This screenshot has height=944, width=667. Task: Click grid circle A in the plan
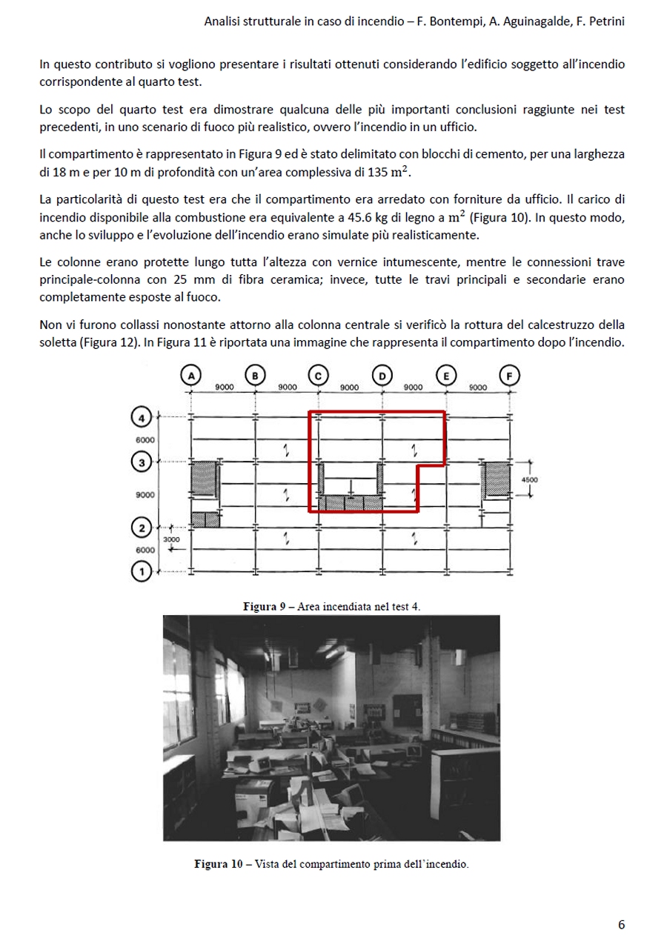191,376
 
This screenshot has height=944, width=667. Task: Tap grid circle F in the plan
509,376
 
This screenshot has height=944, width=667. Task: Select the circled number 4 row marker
142,418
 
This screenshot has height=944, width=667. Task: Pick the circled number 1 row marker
142,571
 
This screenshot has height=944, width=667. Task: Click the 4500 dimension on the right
529,480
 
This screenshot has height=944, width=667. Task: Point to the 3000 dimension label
171,539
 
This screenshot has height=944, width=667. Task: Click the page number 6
621,925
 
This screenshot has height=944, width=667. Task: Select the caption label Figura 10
219,864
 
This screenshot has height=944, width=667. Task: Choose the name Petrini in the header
603,21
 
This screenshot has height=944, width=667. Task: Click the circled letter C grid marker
318,376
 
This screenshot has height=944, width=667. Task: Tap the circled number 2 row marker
142,528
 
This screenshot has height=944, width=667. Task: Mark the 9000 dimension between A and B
225,388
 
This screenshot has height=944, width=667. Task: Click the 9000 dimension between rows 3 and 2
145,495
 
